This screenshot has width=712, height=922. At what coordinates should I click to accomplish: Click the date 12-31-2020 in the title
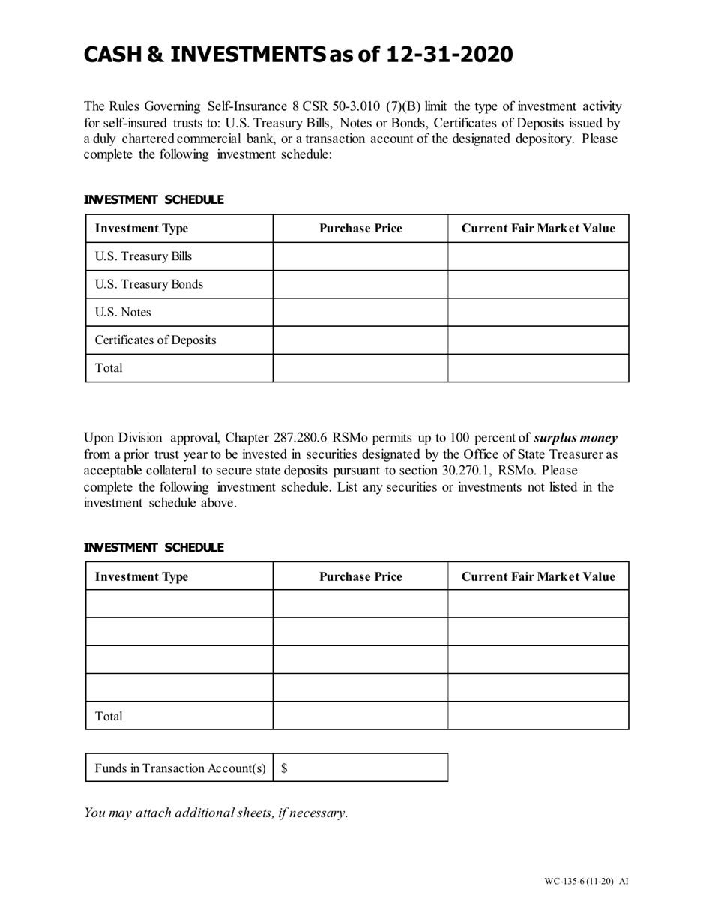450,55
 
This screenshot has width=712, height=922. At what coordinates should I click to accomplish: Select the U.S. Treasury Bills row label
143,256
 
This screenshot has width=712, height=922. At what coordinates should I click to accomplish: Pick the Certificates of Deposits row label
155,340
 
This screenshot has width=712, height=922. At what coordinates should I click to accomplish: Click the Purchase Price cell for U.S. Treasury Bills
360,256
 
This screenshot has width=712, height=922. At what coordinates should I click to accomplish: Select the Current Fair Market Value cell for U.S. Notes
537,312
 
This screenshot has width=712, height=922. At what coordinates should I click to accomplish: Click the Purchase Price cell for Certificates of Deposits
360,340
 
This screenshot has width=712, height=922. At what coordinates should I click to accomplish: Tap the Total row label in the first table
109,368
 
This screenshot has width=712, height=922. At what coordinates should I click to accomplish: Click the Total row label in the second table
109,716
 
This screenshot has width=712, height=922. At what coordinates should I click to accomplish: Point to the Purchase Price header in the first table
360,229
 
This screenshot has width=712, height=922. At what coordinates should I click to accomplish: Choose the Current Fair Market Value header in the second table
537,576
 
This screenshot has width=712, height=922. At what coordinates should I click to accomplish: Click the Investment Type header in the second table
141,576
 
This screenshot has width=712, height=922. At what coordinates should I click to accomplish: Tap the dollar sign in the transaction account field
284,768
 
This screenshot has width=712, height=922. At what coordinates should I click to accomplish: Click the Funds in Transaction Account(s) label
180,768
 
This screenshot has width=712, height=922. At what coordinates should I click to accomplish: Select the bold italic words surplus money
575,438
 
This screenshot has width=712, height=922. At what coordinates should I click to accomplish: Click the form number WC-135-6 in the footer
569,881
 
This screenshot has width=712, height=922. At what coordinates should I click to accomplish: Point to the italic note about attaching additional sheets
216,813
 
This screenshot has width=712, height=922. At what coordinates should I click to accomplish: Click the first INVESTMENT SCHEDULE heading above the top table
153,199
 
